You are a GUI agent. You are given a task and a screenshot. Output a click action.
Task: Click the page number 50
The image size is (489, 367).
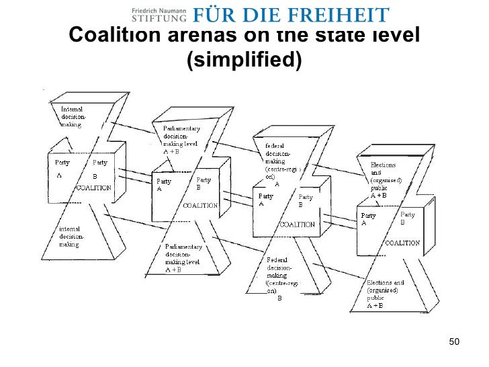point(453,343)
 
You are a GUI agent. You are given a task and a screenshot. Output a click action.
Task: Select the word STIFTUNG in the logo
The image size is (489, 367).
point(159,18)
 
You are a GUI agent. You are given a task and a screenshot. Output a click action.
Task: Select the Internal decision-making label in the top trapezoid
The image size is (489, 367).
point(73,116)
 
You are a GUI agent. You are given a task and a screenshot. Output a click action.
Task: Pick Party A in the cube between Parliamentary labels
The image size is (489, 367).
point(163,185)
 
